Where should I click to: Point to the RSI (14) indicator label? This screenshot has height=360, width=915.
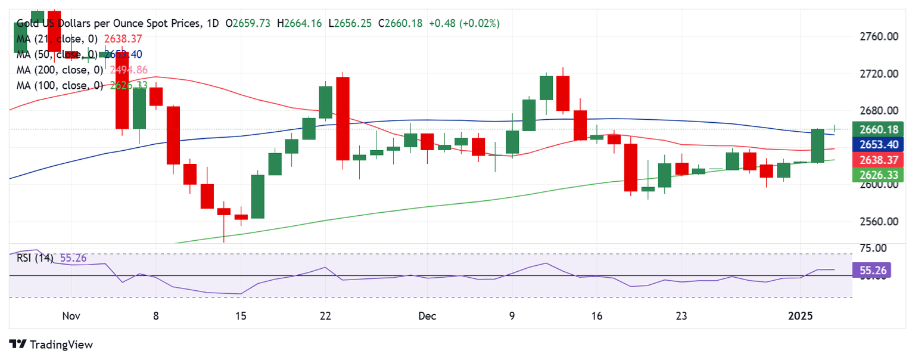[x=35, y=259]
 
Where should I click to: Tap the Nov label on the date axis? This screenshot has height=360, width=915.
[x=71, y=316]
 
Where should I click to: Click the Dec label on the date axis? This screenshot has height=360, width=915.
[x=428, y=316]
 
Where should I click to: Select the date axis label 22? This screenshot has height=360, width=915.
[x=325, y=316]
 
